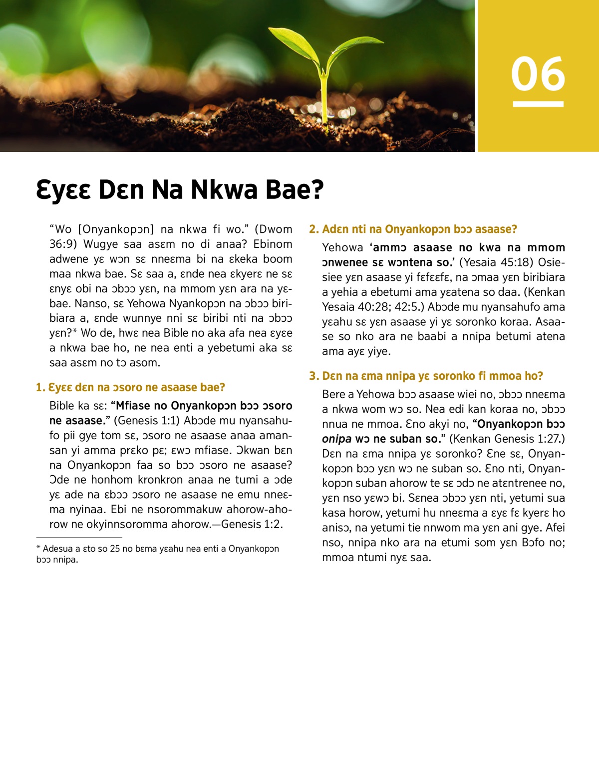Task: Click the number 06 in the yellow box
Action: (538, 74)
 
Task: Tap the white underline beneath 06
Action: (538, 104)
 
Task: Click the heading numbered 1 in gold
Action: (131, 387)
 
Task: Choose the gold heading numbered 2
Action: (413, 229)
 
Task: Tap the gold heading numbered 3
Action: (426, 376)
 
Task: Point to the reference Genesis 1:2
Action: (252, 524)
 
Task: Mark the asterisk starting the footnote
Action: (38, 548)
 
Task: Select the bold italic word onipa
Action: (336, 439)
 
